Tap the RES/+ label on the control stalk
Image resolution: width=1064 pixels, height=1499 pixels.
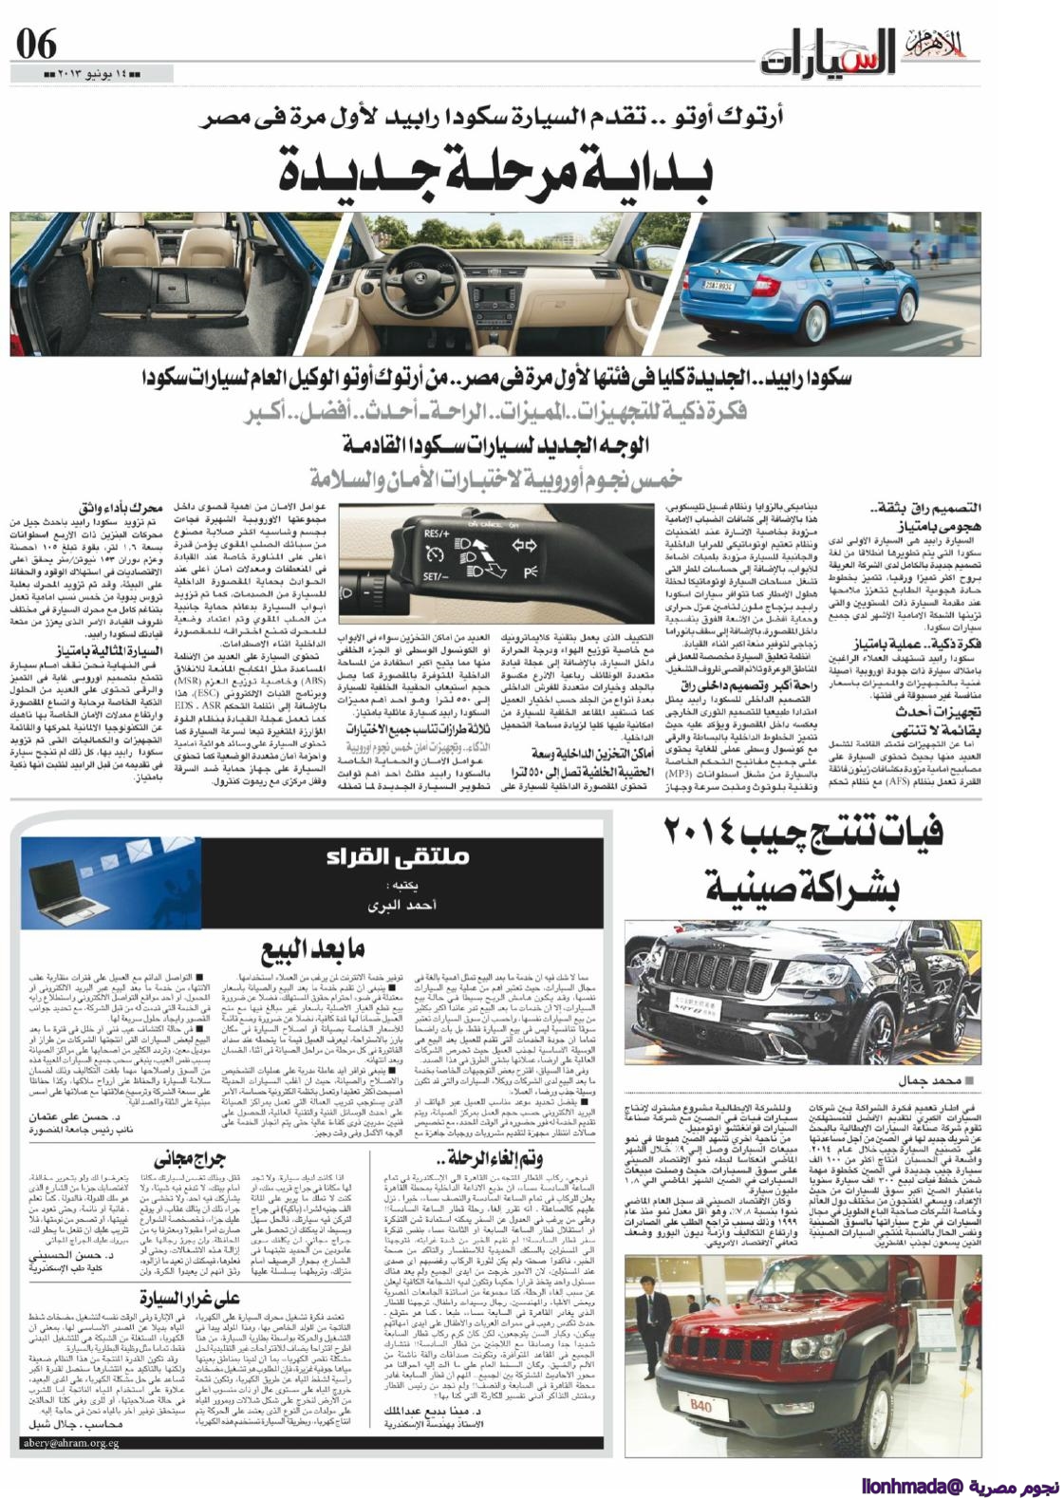(x=436, y=533)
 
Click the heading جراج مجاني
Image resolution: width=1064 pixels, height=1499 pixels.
(x=186, y=1159)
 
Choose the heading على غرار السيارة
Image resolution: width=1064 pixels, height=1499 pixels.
(x=189, y=1297)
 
